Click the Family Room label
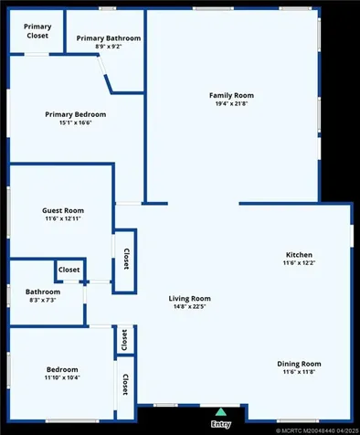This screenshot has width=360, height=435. tap(231, 95)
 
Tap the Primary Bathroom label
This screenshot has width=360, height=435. tap(109, 38)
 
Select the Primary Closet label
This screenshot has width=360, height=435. tap(37, 31)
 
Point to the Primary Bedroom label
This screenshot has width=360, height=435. tap(76, 114)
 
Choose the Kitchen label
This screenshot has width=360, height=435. tap(299, 255)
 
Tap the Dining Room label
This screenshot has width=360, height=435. tap(299, 364)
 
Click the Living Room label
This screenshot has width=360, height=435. tap(190, 299)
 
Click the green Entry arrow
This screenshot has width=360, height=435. tap(219, 412)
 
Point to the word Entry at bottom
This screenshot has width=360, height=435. tap(220, 424)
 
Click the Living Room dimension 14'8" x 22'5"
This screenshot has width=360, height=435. tap(190, 307)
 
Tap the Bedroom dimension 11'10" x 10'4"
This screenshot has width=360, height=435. tap(62, 377)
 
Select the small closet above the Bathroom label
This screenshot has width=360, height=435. tap(69, 271)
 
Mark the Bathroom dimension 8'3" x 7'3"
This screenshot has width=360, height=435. tap(41, 300)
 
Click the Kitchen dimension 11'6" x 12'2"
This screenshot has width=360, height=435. tap(299, 263)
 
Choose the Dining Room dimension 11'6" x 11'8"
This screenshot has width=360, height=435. tap(299, 372)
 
